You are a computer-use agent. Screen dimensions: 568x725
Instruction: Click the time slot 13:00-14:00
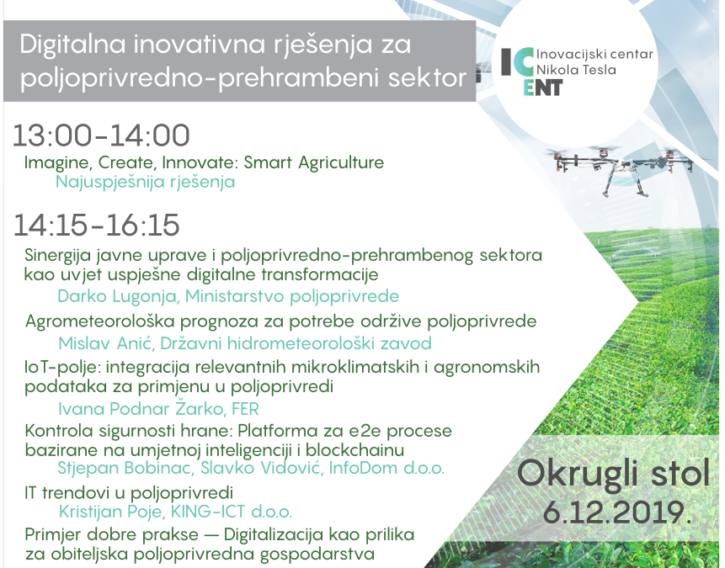tap(101, 135)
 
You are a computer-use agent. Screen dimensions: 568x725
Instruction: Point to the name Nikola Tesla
tap(582, 70)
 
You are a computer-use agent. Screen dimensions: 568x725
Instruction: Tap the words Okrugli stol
tap(613, 474)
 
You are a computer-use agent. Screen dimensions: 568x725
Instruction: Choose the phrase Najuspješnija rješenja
tap(146, 181)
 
